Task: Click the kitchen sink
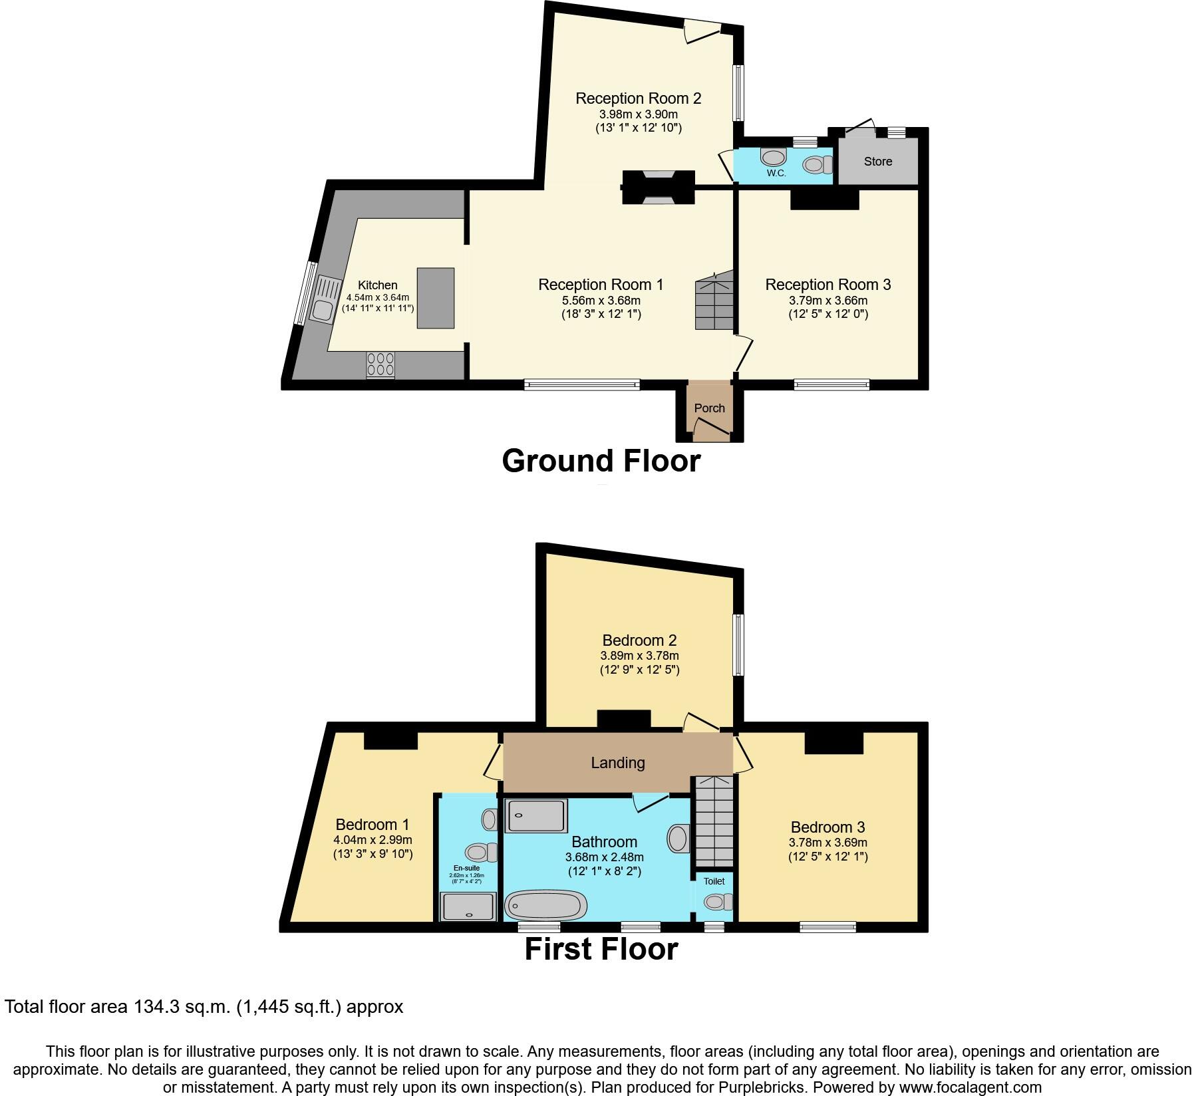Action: point(323,309)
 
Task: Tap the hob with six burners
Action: point(380,365)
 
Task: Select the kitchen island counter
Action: point(436,298)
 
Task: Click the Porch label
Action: point(709,408)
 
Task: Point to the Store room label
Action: point(877,162)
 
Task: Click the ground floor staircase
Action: point(714,303)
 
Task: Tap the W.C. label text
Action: point(776,174)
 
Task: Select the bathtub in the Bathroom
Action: point(546,905)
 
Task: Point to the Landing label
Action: point(617,763)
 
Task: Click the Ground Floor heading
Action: point(601,461)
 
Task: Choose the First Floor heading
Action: point(601,949)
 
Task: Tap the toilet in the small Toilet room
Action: point(716,902)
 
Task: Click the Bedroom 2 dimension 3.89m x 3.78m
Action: point(639,656)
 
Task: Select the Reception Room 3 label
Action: point(827,285)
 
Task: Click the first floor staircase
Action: point(713,821)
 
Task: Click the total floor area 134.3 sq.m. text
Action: point(204,1007)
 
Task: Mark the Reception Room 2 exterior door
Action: point(702,31)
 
